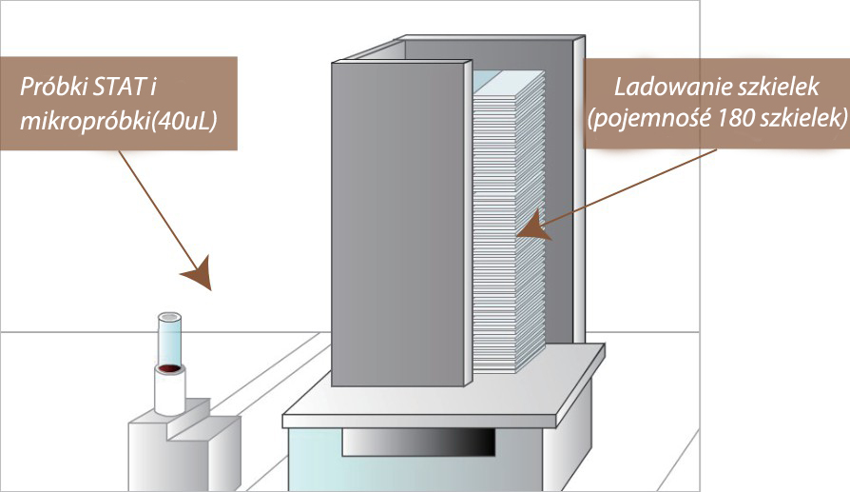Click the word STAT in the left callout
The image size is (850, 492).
(123, 89)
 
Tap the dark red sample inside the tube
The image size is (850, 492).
(170, 367)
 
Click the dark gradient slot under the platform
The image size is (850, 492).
(418, 442)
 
